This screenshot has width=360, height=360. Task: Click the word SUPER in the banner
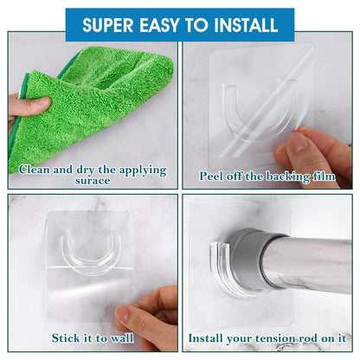tap(108, 25)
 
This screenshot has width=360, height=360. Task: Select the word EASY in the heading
tap(159, 25)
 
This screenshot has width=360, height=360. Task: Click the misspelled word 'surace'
tap(93, 181)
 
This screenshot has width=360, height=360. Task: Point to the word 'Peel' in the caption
tap(212, 176)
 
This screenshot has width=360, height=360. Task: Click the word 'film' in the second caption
tap(324, 176)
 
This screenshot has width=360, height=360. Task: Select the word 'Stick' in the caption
tap(64, 337)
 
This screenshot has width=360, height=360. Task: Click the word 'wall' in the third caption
tap(122, 337)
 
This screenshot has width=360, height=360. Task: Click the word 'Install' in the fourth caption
tap(205, 337)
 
